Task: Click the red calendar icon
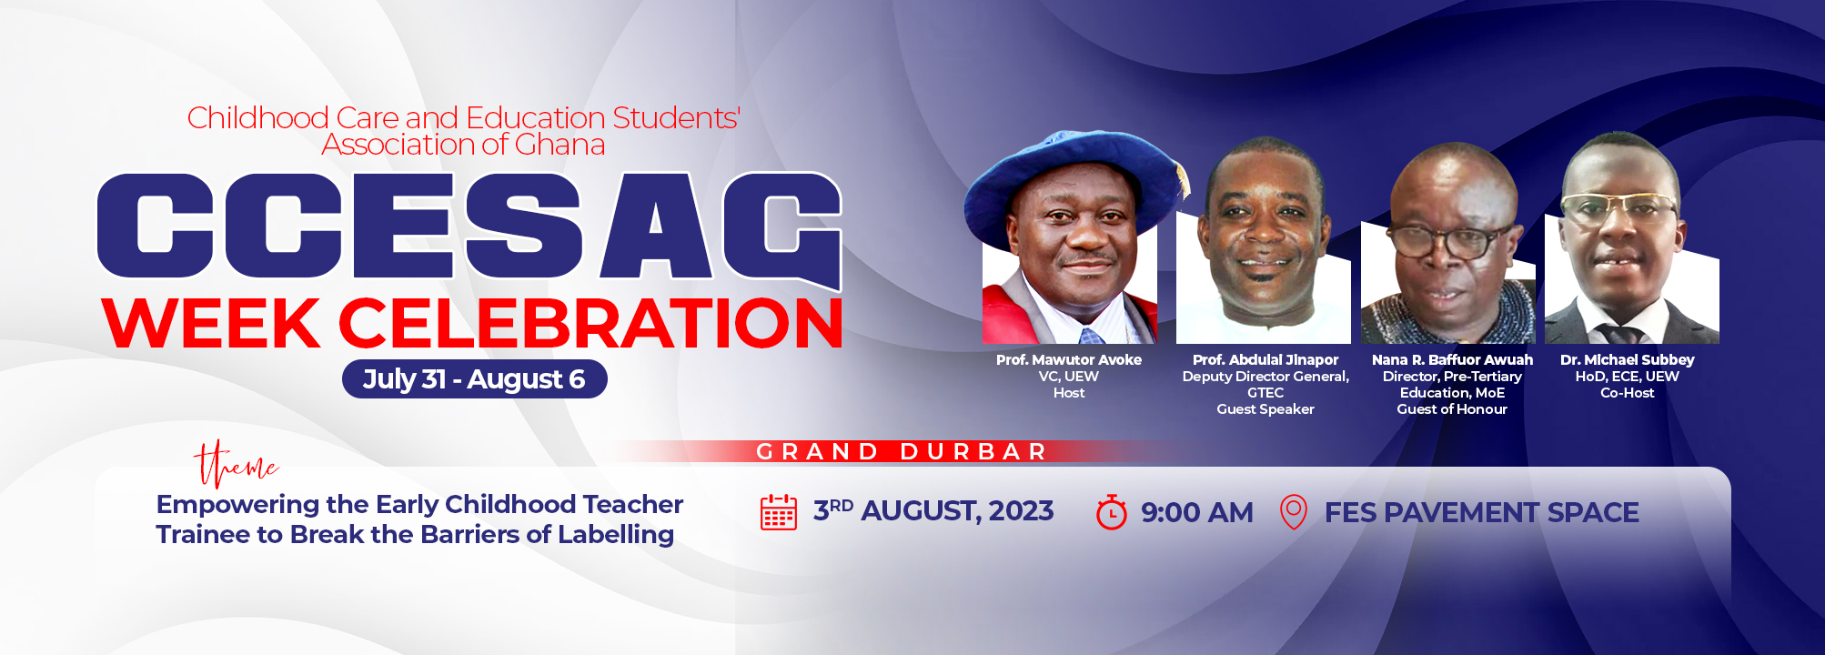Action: tap(779, 512)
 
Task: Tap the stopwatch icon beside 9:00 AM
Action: tap(1111, 512)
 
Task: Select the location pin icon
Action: tap(1294, 512)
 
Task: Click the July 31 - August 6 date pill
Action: tap(474, 379)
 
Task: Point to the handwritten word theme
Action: tap(236, 464)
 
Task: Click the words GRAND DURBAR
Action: tap(902, 451)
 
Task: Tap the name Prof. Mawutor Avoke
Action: tap(1069, 360)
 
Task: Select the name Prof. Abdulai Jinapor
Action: tap(1265, 360)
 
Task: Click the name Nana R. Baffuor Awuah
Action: tap(1452, 360)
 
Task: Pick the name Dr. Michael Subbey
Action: tap(1628, 360)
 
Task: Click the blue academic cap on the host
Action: tap(1074, 182)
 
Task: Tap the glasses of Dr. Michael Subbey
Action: tap(1618, 207)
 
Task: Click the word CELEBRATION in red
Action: tap(590, 324)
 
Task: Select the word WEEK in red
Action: tap(211, 324)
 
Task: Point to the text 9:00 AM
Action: tap(1197, 512)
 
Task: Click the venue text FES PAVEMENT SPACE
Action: tap(1482, 512)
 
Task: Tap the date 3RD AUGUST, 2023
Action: tap(933, 510)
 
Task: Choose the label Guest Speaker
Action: tap(1265, 409)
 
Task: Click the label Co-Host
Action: tap(1628, 393)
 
